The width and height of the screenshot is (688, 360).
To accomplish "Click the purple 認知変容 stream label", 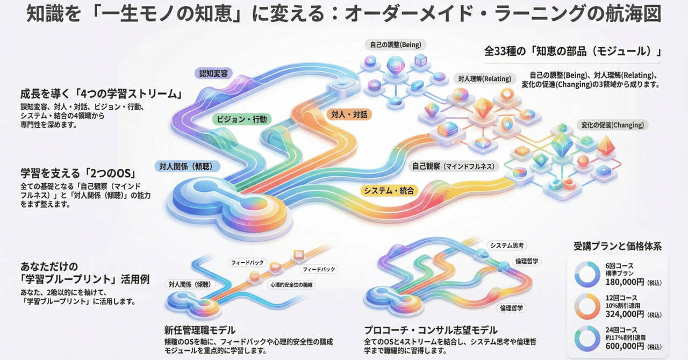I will point(213,74).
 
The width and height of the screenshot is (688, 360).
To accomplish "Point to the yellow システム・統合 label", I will point(389,190).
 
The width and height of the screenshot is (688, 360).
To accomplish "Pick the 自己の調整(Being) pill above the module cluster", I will point(392,44).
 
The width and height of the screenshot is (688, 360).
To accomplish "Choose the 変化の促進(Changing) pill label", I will point(612,125).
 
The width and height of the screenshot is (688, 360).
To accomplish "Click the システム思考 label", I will point(507,245).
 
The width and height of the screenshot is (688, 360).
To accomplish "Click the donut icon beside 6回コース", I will point(587,274).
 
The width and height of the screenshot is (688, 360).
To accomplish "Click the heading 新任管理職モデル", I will point(200,329).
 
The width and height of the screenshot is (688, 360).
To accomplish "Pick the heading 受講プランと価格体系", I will point(618,247).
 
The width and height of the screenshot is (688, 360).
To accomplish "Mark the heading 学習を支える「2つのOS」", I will point(77,174).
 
